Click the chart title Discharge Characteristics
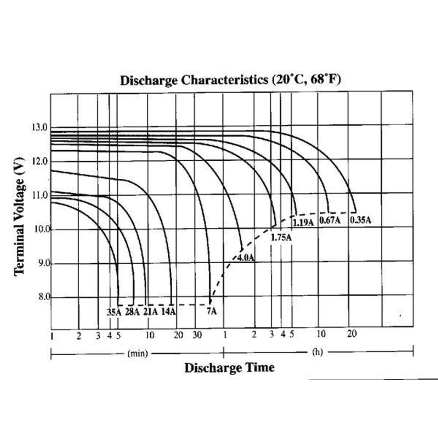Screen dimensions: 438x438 pos(230,81)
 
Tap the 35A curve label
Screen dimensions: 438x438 pos(114,312)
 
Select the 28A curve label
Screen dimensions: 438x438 pos(132,312)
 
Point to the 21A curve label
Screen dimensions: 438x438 pos(151,312)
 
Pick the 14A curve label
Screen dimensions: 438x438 pos(169,312)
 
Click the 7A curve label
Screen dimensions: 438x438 pos(212,311)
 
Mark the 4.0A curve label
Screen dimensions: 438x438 pos(246,258)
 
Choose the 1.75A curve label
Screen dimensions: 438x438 pos(281,237)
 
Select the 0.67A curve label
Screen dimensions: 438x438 pos(330,220)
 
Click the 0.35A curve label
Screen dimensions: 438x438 pos(360,220)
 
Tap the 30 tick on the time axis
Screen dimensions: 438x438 pos(197,335)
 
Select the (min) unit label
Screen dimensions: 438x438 pos(137,353)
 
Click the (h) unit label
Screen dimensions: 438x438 pos(317,352)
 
